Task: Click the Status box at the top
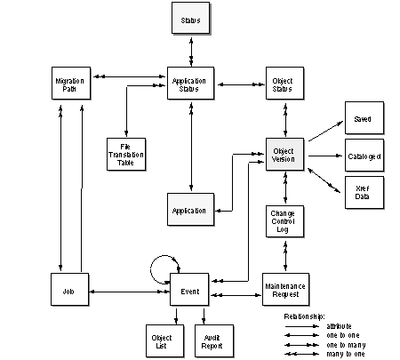tap(191, 19)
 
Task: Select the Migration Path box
tap(71, 84)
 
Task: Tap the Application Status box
tap(190, 84)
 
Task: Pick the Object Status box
tap(285, 84)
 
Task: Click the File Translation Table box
tap(126, 155)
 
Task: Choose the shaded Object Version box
tap(285, 155)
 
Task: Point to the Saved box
tap(364, 118)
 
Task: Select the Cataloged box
tap(364, 156)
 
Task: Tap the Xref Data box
tap(364, 193)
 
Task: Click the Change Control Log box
tap(285, 221)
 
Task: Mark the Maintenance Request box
tap(286, 290)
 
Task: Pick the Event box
tap(189, 290)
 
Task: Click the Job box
tap(70, 290)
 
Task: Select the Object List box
tap(165, 341)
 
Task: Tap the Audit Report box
tap(214, 341)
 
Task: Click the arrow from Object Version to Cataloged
tap(325, 156)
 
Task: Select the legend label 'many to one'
tap(346, 354)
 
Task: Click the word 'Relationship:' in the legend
tap(304, 316)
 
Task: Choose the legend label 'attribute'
tap(339, 326)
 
